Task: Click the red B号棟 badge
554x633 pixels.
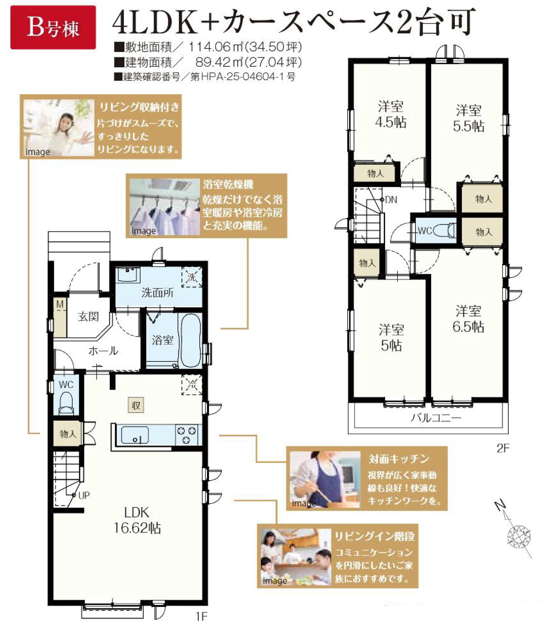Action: click(53, 28)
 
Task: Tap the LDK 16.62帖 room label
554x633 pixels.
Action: click(137, 520)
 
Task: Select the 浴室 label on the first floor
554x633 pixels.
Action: click(162, 340)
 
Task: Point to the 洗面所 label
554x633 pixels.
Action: click(157, 293)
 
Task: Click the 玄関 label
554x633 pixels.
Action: click(88, 316)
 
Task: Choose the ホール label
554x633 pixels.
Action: click(103, 351)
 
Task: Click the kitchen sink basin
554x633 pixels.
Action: click(135, 435)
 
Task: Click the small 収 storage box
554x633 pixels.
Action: click(136, 405)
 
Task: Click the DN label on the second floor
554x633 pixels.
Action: click(391, 200)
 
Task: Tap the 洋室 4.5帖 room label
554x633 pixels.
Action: click(391, 115)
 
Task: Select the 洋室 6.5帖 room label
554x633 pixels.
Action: click(468, 319)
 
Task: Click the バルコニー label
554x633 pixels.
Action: click(436, 418)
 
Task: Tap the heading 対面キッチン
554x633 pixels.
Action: click(399, 459)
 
